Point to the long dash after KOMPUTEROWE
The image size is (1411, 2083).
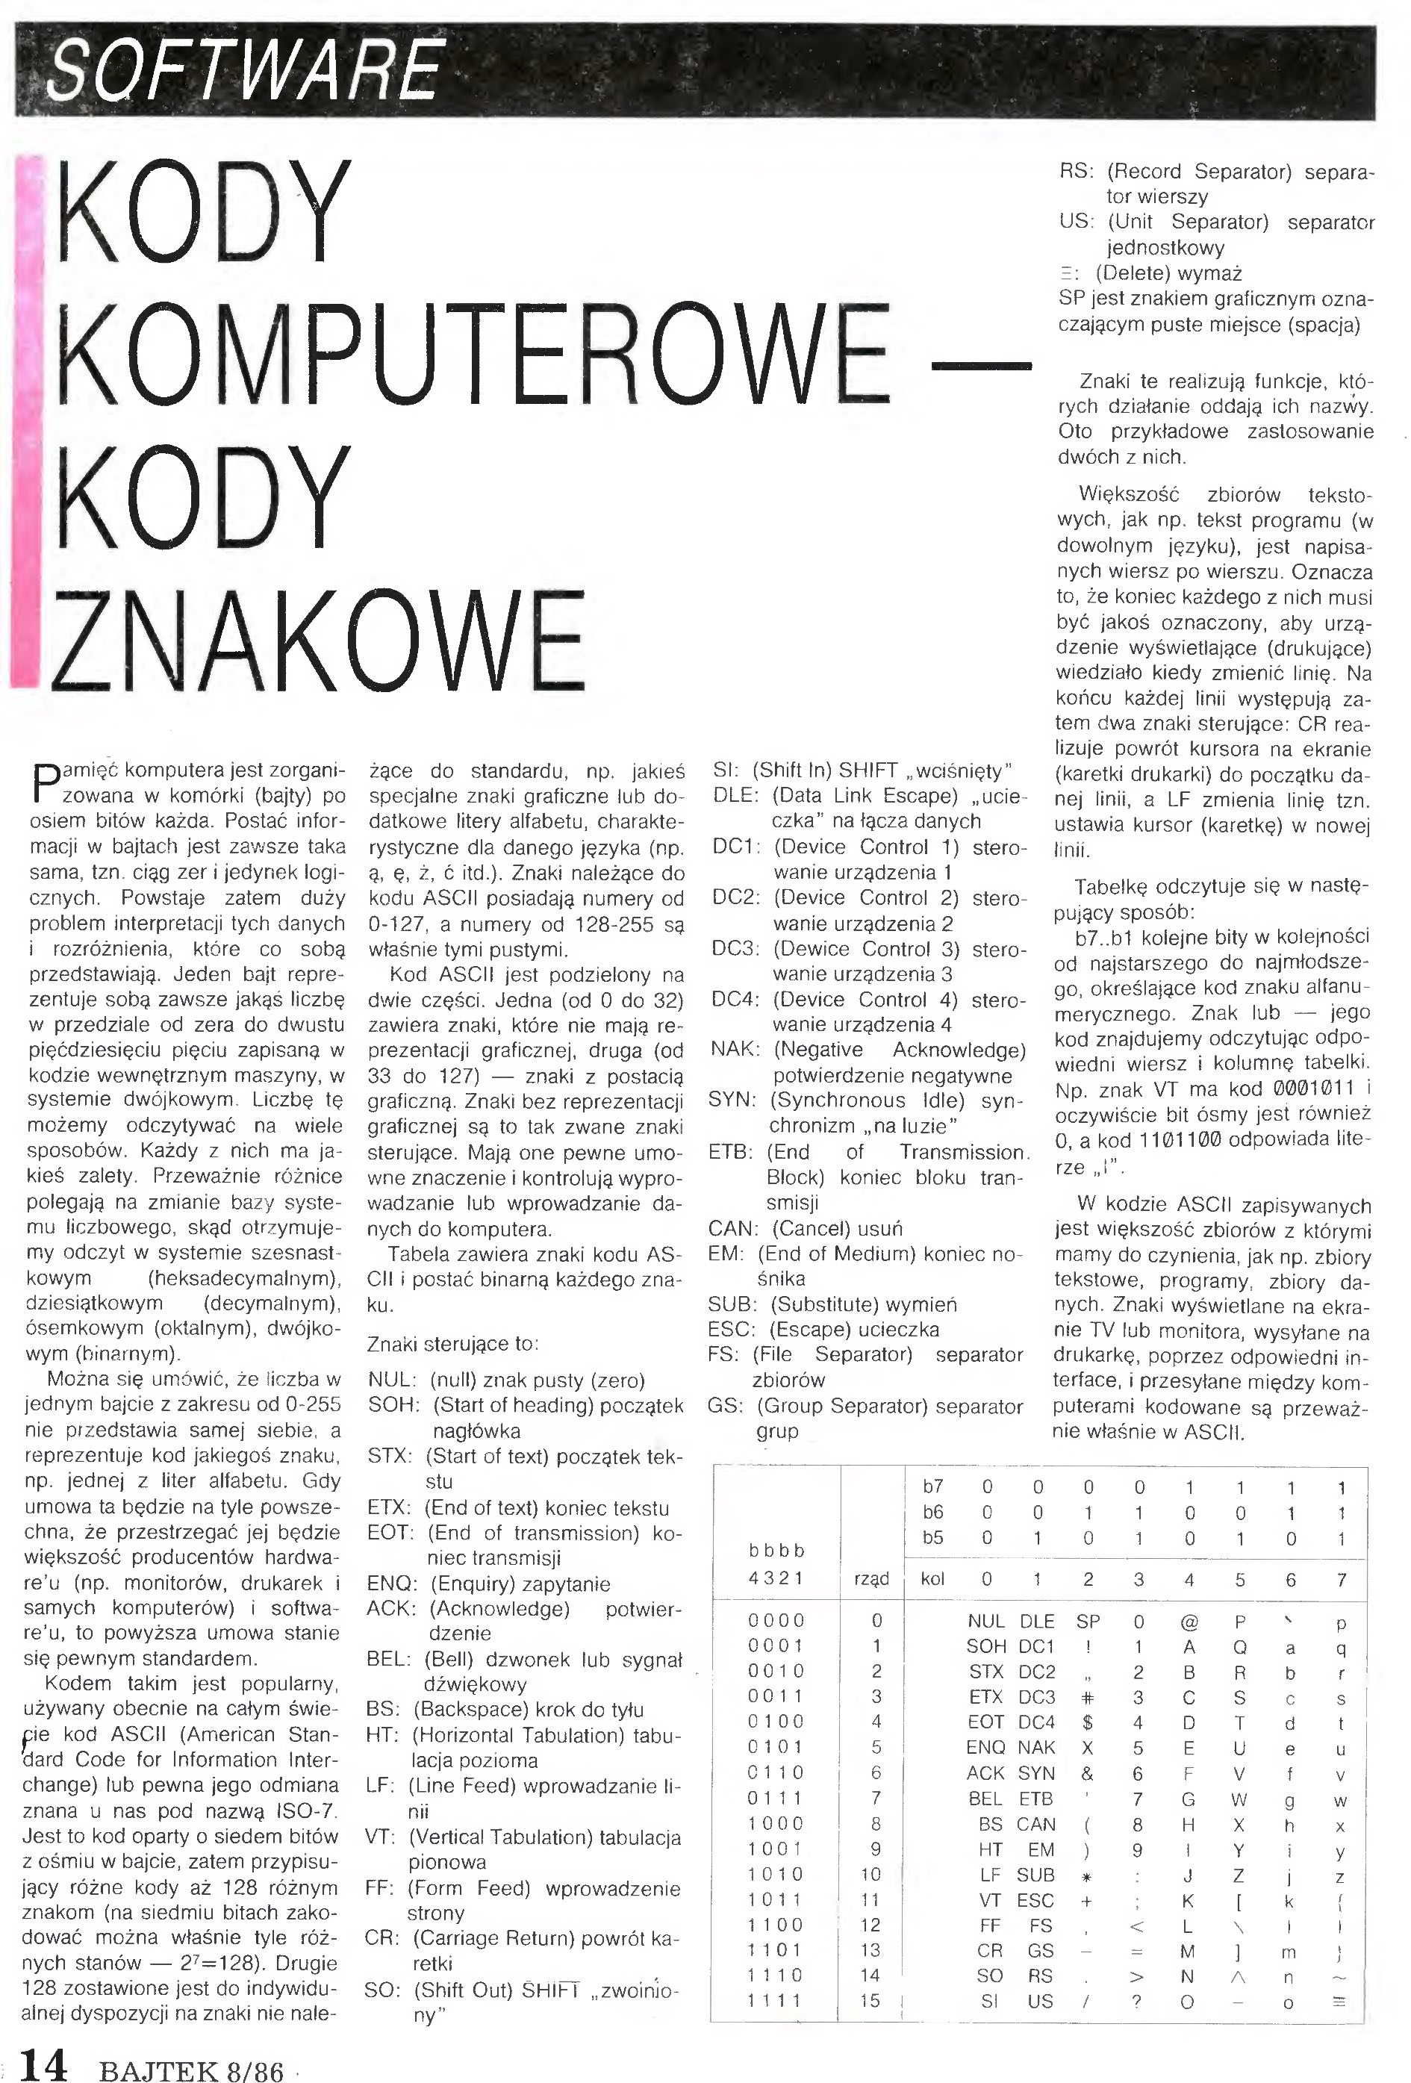point(982,365)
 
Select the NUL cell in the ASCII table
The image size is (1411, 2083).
point(985,1621)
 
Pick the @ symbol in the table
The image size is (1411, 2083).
point(1189,1621)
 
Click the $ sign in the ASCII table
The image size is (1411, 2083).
point(1088,1722)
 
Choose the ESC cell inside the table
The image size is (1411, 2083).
point(1035,1899)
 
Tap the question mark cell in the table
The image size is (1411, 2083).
point(1138,2001)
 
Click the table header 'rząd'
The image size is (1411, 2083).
point(871,1578)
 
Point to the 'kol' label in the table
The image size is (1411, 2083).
point(932,1578)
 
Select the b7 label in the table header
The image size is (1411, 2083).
point(932,1487)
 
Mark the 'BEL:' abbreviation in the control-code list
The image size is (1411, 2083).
point(389,1659)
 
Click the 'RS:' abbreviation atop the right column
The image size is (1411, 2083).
point(1077,170)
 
